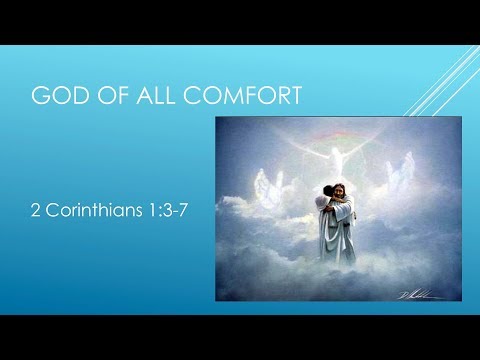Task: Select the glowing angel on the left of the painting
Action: pos(265,186)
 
